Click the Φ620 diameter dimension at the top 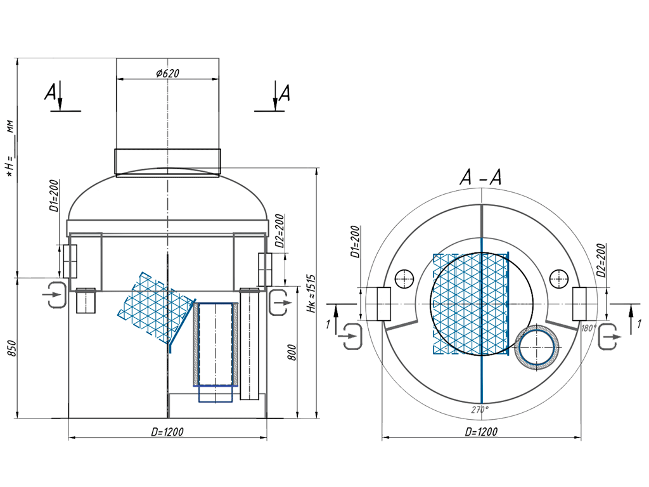[167, 74]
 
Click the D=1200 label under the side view [167, 432]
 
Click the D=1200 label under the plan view [481, 432]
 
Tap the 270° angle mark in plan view [480, 410]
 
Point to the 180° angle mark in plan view [589, 328]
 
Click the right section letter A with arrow [281, 93]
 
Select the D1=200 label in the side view [54, 197]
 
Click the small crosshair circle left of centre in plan [403, 278]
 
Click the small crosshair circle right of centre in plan [558, 278]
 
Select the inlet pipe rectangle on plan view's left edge [383, 304]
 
